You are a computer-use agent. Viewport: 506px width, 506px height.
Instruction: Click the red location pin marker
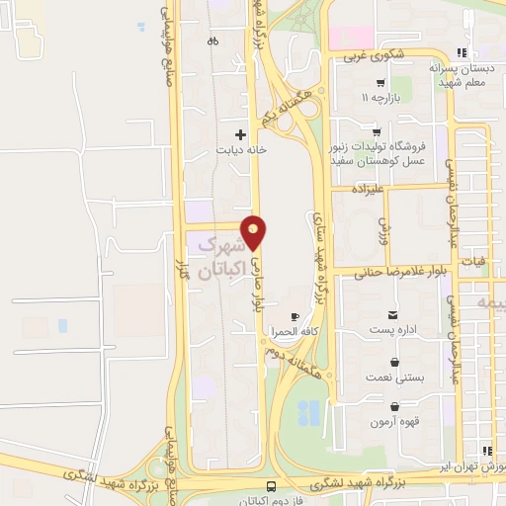point(254,231)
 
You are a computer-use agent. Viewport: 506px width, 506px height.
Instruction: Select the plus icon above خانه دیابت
point(240,133)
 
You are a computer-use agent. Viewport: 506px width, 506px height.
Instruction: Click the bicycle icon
point(212,41)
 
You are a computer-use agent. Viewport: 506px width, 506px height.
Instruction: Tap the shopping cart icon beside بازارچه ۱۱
point(380,83)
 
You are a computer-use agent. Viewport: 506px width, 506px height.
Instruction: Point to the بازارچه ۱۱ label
point(380,98)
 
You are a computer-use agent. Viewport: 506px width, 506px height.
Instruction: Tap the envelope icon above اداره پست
point(394,313)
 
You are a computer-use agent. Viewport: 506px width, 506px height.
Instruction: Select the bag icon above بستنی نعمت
point(395,362)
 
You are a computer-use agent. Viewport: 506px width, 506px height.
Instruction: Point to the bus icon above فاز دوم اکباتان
point(270,487)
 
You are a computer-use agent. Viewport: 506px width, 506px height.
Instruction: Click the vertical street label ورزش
point(383,231)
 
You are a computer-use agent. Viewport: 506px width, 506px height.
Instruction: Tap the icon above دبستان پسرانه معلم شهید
point(462,53)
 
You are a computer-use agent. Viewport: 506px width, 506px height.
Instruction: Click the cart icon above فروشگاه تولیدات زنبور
point(376,131)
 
